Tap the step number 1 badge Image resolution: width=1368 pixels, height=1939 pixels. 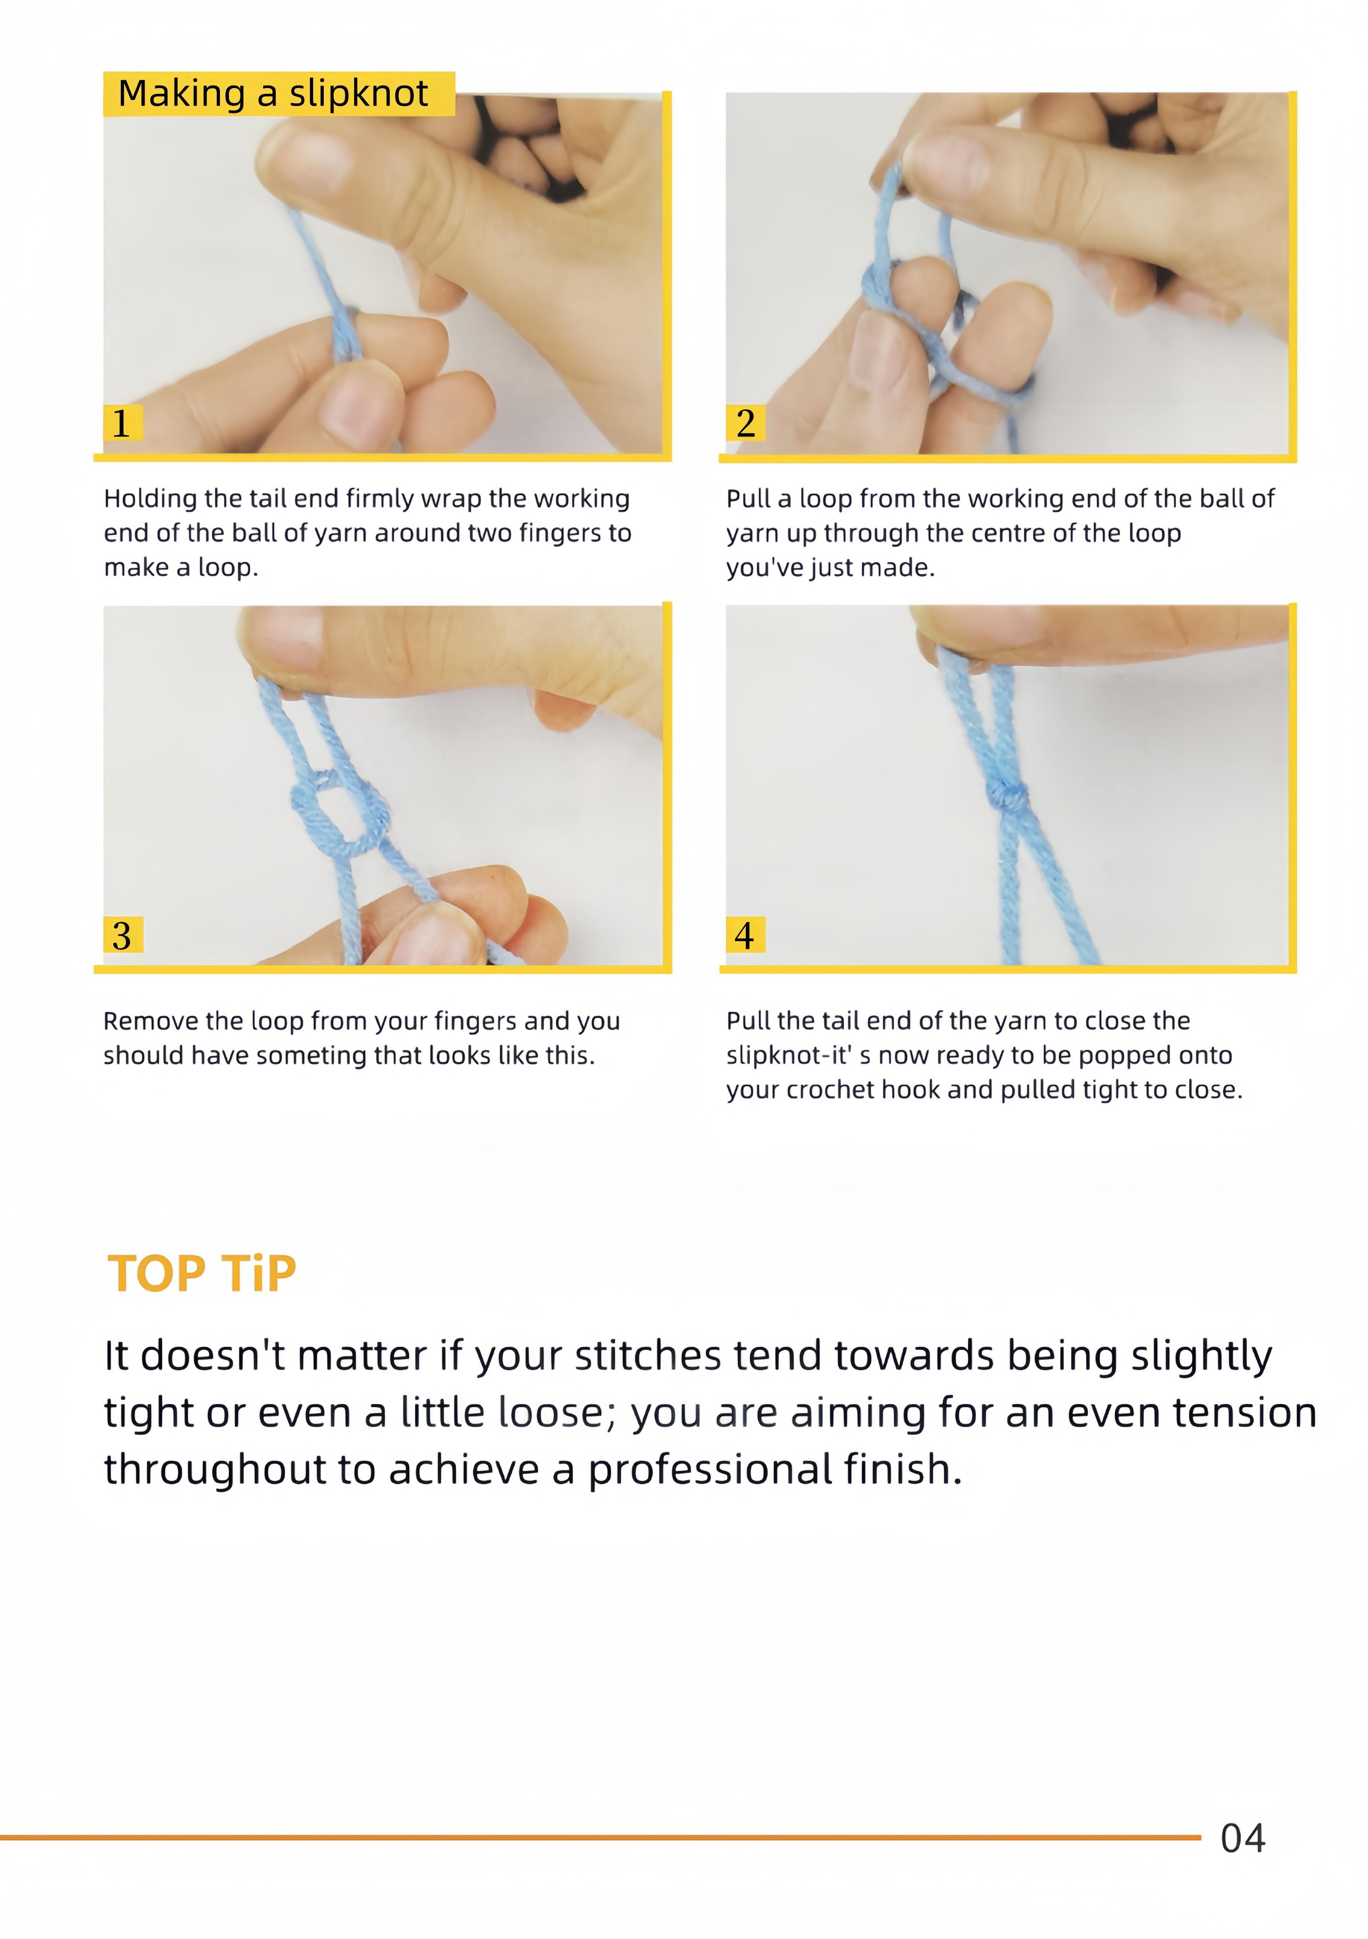(x=122, y=422)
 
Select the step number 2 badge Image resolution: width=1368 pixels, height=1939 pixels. (x=745, y=422)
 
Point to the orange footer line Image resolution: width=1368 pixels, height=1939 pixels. (x=600, y=1838)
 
